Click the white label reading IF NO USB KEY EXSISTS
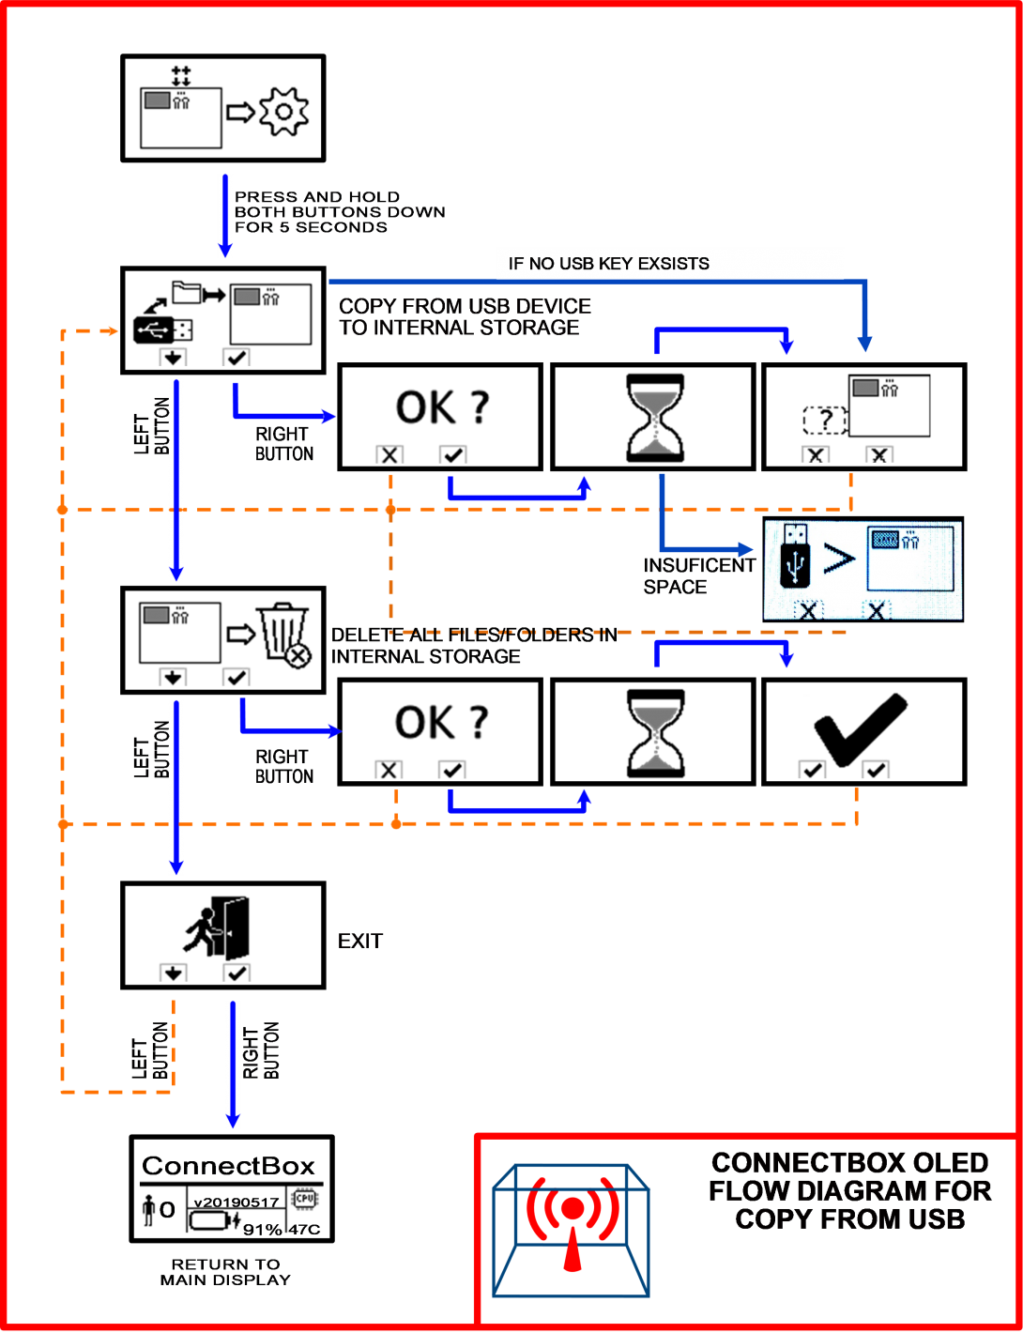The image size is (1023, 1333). (669, 264)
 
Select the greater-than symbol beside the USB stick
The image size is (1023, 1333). (839, 559)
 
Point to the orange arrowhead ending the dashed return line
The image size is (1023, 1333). (113, 330)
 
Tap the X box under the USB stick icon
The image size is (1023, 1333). (807, 610)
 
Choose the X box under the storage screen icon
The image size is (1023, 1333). (877, 610)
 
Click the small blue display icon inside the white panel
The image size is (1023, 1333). (885, 539)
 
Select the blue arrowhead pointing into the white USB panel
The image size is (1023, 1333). (747, 549)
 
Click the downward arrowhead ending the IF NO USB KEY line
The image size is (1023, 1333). (865, 345)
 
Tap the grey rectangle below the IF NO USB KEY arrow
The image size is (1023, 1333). (865, 388)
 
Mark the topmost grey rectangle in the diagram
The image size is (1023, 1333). (158, 100)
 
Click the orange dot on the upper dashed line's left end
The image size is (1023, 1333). (62, 510)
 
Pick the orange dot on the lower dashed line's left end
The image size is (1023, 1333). (63, 824)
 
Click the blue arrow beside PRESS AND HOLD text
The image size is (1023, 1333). (225, 216)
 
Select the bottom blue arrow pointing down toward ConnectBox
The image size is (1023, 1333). (233, 1065)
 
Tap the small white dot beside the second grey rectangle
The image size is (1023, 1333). (207, 285)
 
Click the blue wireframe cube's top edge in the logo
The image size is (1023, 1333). (572, 1167)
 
